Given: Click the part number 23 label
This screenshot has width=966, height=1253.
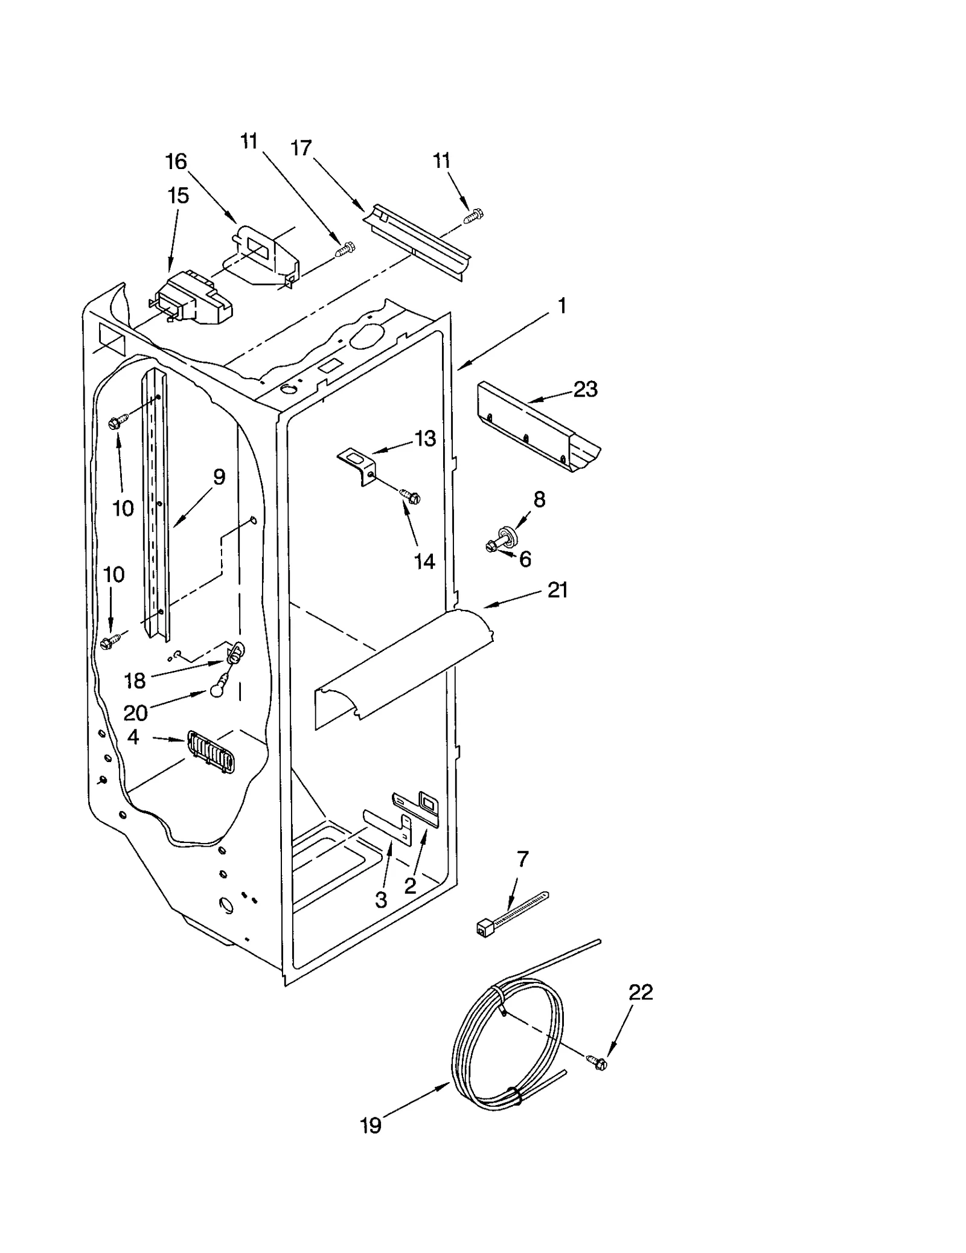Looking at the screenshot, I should click(x=585, y=389).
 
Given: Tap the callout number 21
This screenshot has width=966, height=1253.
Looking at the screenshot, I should click(x=557, y=589).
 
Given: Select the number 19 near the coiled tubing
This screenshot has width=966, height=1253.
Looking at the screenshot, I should click(x=371, y=1125).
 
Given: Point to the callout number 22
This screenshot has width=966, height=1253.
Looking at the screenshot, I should click(x=641, y=992).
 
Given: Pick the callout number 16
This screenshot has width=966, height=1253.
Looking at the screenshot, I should click(x=176, y=161).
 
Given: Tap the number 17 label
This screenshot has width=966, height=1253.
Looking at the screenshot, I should click(x=301, y=147).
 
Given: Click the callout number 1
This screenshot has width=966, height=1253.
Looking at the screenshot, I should click(x=561, y=306).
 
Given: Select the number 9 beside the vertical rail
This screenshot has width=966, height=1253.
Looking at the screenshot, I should click(x=219, y=477).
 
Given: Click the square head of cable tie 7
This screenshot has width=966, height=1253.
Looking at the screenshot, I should click(x=483, y=929).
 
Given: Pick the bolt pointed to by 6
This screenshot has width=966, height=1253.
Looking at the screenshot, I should click(x=491, y=547).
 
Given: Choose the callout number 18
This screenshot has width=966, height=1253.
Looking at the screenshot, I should click(x=135, y=681).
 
